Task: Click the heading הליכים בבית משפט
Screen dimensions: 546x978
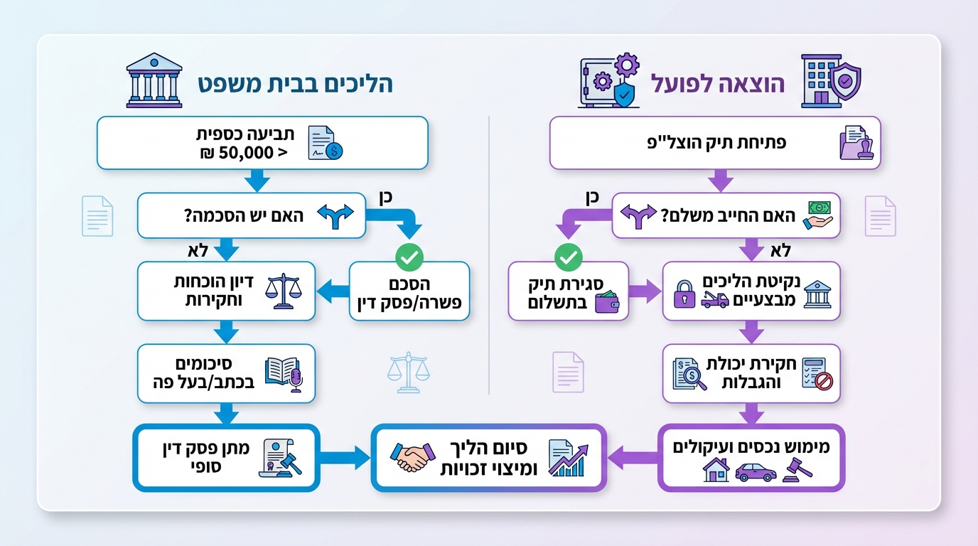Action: click(295, 84)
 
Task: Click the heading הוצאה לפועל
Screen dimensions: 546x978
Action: click(719, 84)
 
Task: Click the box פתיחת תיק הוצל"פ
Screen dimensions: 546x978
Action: click(714, 143)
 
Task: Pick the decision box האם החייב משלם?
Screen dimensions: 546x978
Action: click(726, 215)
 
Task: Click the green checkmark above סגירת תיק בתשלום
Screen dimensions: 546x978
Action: click(567, 257)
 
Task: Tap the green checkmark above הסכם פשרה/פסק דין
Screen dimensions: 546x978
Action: click(409, 257)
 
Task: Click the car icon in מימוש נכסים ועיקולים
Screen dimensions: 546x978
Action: click(754, 472)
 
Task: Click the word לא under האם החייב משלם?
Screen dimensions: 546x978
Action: click(780, 250)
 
